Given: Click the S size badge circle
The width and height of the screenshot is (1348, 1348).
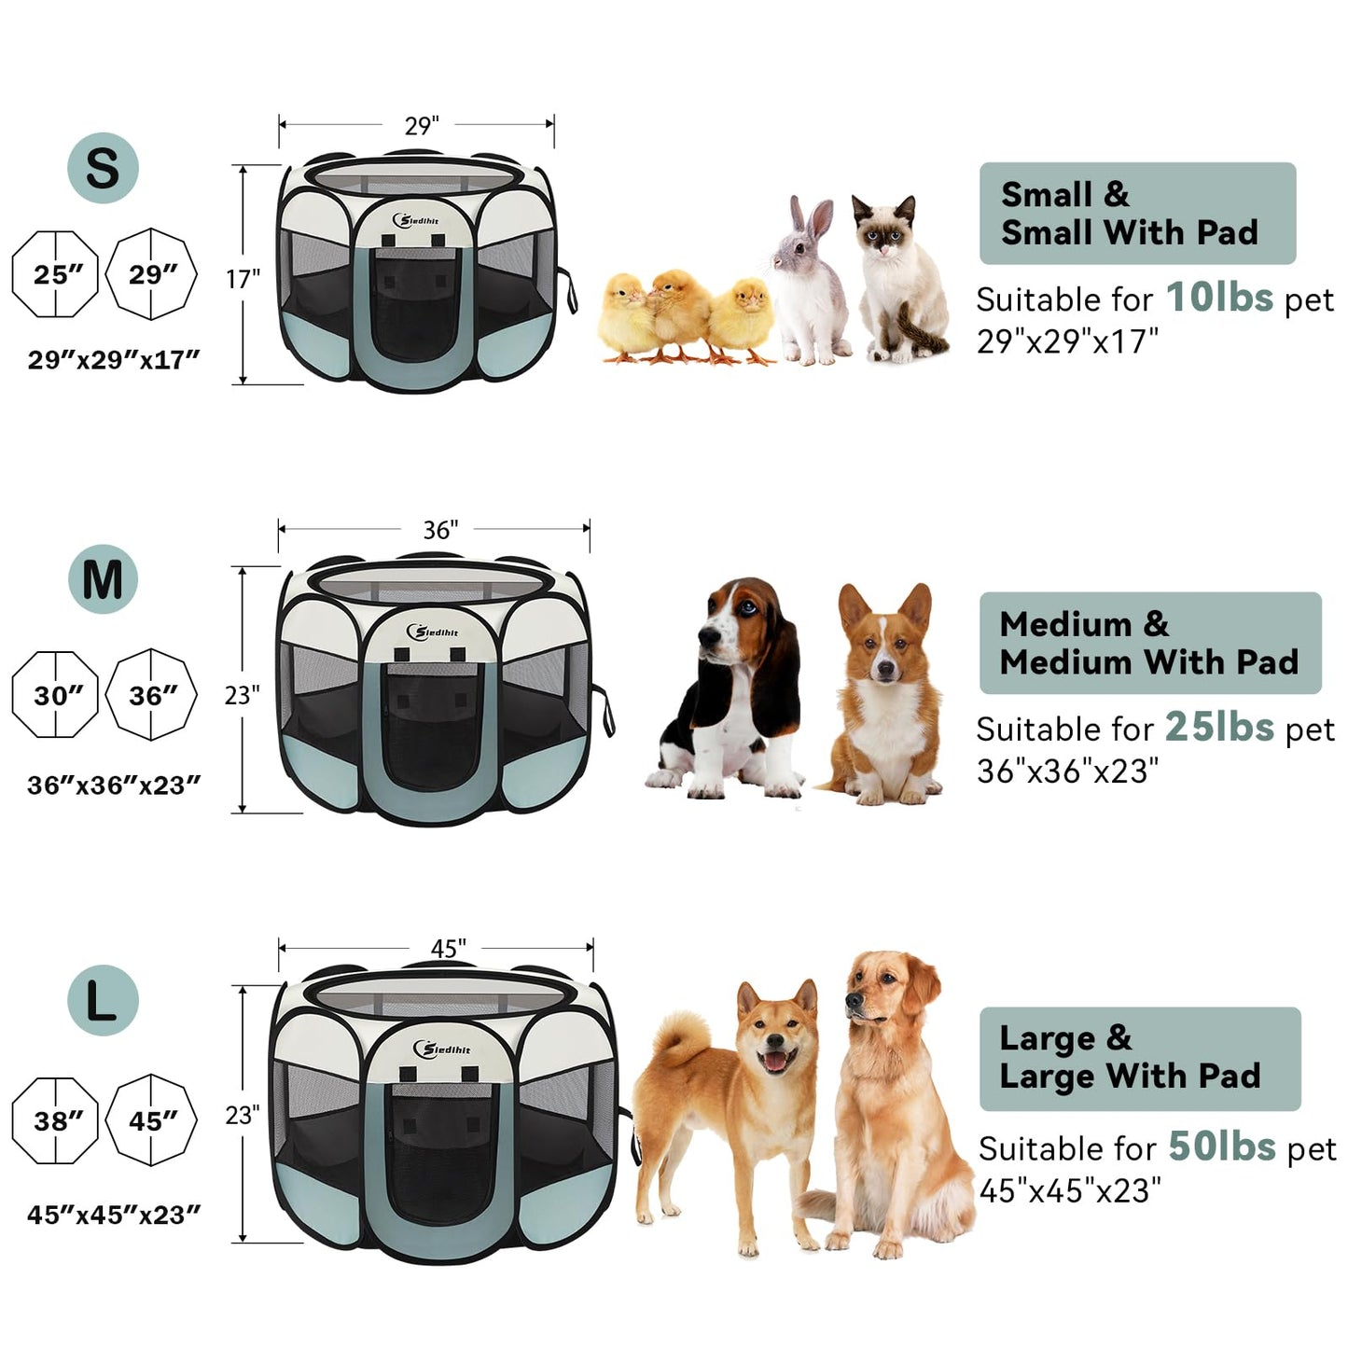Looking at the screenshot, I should [103, 168].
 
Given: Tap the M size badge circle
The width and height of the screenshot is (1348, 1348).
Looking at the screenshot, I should [103, 579].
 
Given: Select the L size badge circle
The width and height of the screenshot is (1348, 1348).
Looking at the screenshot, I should [103, 1000].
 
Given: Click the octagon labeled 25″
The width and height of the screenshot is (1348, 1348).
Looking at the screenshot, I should [56, 275].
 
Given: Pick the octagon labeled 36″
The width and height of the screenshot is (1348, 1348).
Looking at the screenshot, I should [151, 696].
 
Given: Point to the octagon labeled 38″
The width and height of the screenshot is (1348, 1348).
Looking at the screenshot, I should [56, 1120].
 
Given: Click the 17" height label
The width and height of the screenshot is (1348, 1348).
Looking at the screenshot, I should [243, 278].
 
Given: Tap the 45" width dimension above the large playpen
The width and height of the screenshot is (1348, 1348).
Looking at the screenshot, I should [448, 949].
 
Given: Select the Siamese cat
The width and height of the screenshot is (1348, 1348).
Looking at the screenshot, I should [896, 280].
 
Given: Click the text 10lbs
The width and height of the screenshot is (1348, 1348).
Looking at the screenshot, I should [1219, 299].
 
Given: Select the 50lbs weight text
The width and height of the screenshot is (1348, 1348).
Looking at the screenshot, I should [1221, 1146].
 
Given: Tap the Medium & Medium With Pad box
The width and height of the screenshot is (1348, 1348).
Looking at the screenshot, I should [1149, 643].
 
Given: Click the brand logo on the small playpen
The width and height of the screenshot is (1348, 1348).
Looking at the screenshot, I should [417, 220].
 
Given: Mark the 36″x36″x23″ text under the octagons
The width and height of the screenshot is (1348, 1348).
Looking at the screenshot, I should [114, 785].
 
